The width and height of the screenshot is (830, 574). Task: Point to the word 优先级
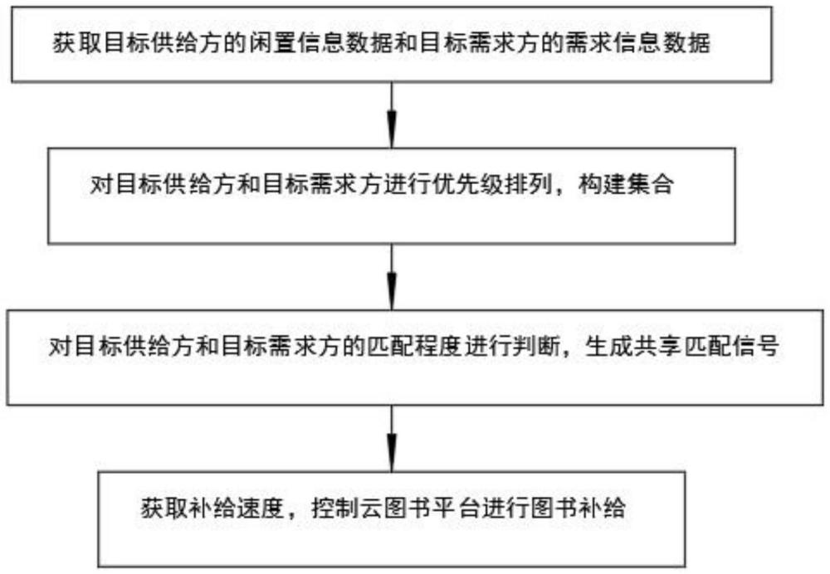[466, 185]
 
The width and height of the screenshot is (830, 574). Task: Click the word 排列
[528, 185]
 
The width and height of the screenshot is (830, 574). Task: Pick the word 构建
[601, 185]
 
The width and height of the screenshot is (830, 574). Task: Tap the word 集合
[650, 185]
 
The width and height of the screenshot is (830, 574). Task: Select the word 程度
[438, 348]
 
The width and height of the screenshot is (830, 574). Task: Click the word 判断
[535, 348]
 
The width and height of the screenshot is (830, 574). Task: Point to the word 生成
[608, 348]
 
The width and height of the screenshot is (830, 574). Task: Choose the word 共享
[657, 348]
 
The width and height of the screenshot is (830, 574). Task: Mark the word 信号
[754, 348]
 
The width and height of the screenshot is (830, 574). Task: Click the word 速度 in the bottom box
[262, 508]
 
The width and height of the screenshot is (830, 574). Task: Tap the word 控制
[335, 508]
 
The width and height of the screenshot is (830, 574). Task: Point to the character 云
[372, 508]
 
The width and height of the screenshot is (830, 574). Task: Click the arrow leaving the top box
[392, 114]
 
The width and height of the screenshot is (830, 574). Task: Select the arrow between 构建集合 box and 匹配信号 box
[392, 277]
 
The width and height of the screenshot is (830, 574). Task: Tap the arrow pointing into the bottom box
[392, 439]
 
